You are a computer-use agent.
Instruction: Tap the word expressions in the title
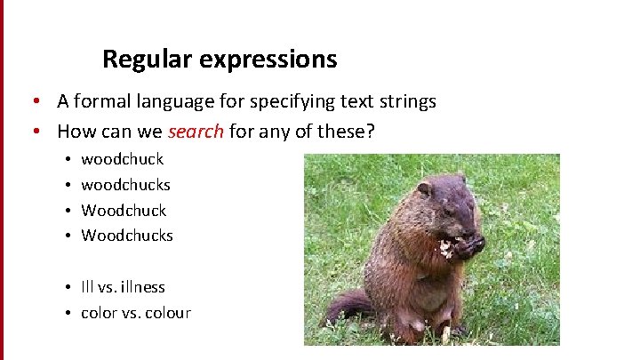(268, 60)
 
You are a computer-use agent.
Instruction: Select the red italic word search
(196, 132)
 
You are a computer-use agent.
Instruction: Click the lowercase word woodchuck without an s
(123, 160)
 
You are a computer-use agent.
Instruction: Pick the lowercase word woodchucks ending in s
(125, 185)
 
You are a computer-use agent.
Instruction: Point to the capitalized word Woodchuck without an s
(124, 211)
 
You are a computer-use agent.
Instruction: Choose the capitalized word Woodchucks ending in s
(127, 236)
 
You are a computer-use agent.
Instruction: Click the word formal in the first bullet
(100, 101)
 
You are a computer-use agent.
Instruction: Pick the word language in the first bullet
(171, 101)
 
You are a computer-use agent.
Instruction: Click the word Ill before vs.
(86, 287)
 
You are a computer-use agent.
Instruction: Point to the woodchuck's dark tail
(348, 307)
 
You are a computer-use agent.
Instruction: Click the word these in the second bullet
(349, 132)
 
